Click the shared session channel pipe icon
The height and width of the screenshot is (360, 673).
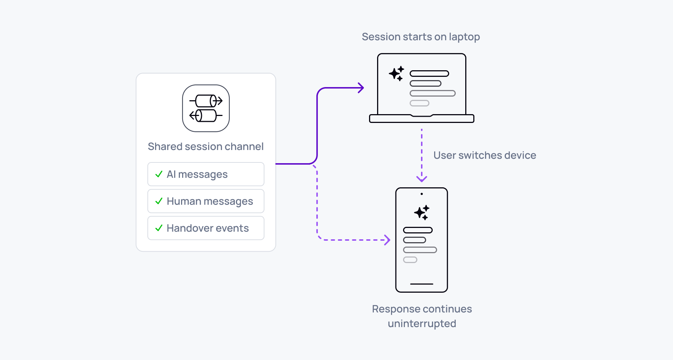click(206, 108)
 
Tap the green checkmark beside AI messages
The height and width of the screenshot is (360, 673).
click(159, 174)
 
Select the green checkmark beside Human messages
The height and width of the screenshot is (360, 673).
click(159, 201)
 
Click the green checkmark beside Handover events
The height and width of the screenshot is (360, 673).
click(159, 228)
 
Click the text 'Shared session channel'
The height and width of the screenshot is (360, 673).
click(206, 146)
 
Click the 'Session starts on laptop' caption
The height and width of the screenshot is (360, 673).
click(421, 37)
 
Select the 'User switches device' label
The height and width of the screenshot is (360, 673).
click(484, 155)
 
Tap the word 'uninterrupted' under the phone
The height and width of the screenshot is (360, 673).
click(422, 323)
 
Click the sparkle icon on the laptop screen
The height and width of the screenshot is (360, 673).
click(396, 74)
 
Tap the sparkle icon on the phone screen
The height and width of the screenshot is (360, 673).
click(422, 212)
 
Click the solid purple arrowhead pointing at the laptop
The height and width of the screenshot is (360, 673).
click(361, 88)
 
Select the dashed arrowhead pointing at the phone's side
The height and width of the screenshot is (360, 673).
click(387, 240)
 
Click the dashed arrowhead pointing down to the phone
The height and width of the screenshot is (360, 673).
click(422, 179)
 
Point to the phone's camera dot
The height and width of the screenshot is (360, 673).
click(422, 194)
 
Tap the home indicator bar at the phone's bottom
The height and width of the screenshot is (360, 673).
click(422, 284)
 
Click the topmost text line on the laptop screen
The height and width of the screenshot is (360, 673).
click(429, 74)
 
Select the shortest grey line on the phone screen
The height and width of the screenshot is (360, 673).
click(410, 260)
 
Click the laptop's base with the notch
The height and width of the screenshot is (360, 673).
click(422, 119)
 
